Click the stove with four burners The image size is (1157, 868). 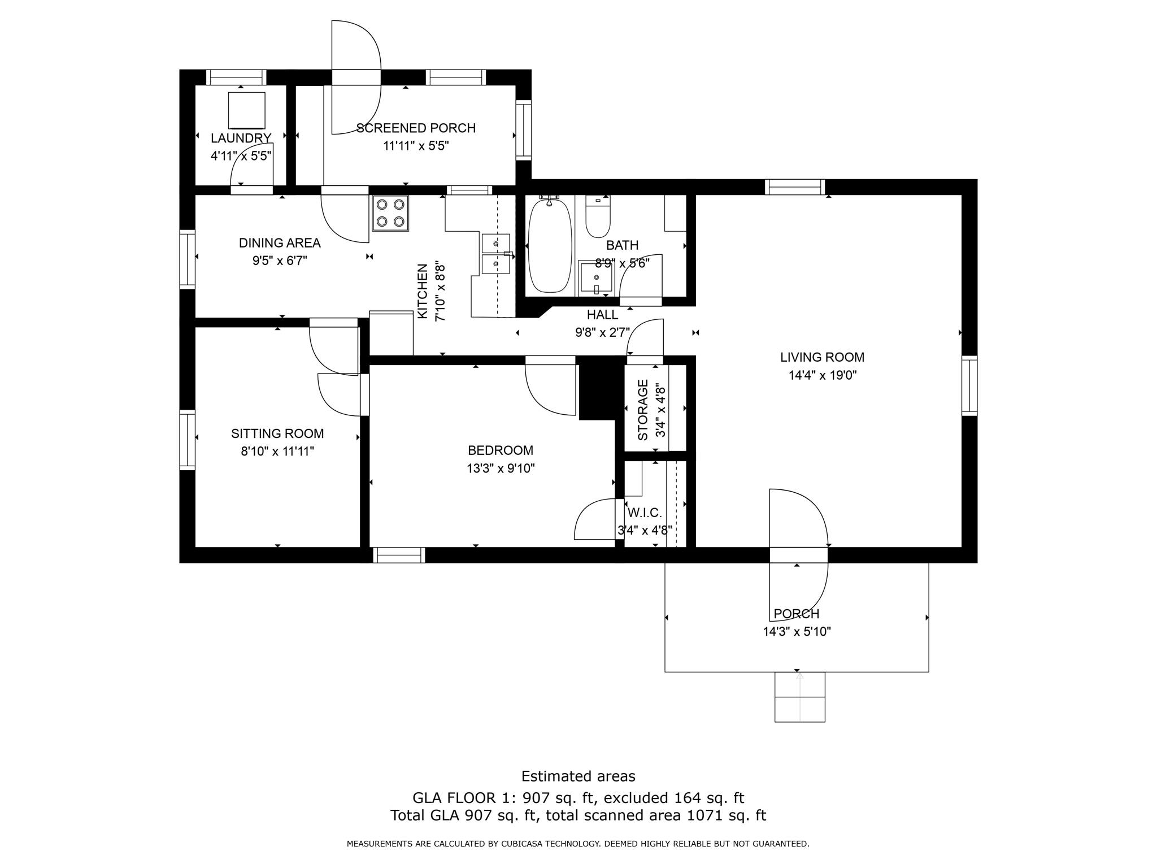pos(390,213)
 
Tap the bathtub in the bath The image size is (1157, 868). pos(549,246)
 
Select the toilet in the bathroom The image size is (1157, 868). pos(598,218)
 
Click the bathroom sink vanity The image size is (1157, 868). pos(595,277)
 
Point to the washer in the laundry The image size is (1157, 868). pos(246,110)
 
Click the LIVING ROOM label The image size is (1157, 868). pos(822,357)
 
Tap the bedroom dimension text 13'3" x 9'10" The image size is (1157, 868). pos(501,468)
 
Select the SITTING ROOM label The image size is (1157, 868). pos(277,433)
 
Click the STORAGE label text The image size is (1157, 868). pos(643,410)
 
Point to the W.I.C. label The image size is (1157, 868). pos(645,513)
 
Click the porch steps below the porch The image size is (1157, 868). pos(799,697)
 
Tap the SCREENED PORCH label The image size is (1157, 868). pos(416,128)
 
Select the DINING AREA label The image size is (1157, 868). pos(280,243)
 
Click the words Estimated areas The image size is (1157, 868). pos(578,776)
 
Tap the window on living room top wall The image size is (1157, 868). pos(794,186)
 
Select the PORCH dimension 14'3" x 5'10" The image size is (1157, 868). pos(797,632)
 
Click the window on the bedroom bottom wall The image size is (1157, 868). pos(399,555)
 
